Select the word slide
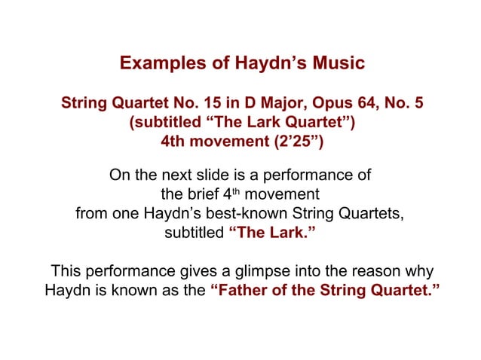coord(215,176)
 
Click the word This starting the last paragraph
coord(66,271)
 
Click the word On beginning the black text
coord(119,176)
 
